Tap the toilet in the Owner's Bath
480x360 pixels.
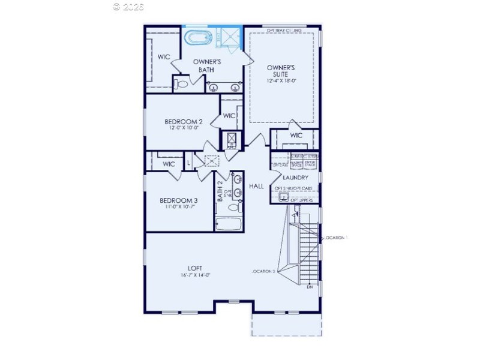(x=181, y=84)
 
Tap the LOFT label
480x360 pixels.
(x=194, y=268)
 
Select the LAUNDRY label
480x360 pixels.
(x=296, y=178)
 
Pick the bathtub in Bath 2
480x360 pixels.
(x=228, y=225)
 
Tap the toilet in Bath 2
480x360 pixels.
(x=234, y=208)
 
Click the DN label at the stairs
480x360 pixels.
(x=310, y=287)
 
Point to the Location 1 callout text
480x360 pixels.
(x=336, y=238)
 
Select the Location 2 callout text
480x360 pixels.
(x=264, y=272)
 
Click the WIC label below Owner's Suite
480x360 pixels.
(x=296, y=136)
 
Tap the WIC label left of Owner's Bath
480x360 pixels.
(x=164, y=57)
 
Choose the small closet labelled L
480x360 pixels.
(x=188, y=163)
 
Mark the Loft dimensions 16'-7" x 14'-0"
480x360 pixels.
(x=194, y=275)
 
